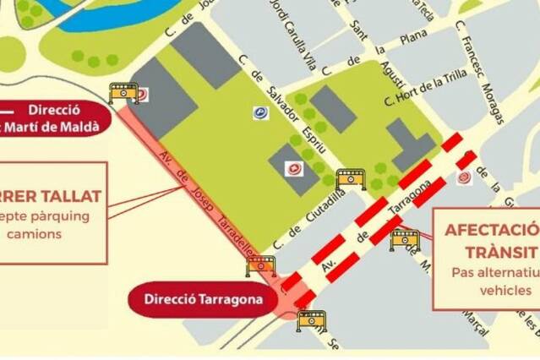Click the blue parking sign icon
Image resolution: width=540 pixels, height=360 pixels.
(260, 112)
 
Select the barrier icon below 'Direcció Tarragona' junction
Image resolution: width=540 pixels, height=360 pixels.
(311, 320)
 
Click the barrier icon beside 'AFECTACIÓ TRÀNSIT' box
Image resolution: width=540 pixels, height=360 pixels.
(405, 239)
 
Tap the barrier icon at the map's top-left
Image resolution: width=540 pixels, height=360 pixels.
(123, 92)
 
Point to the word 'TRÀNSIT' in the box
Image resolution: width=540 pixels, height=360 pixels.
(500, 253)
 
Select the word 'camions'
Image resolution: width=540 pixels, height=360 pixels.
(34, 233)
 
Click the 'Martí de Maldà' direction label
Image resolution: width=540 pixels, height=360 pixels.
(54, 127)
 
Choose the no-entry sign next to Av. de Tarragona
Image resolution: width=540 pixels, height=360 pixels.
(464, 177)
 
